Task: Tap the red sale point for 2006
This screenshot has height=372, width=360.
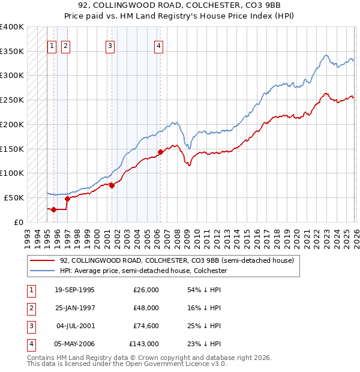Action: [160, 152]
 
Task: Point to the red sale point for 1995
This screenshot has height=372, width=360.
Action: [54, 209]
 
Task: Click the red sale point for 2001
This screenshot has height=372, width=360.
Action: [112, 185]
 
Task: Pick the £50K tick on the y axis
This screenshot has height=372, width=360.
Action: [14, 197]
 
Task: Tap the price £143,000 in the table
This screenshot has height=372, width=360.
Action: [144, 344]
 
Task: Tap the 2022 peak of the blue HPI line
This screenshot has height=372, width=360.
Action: [326, 55]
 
